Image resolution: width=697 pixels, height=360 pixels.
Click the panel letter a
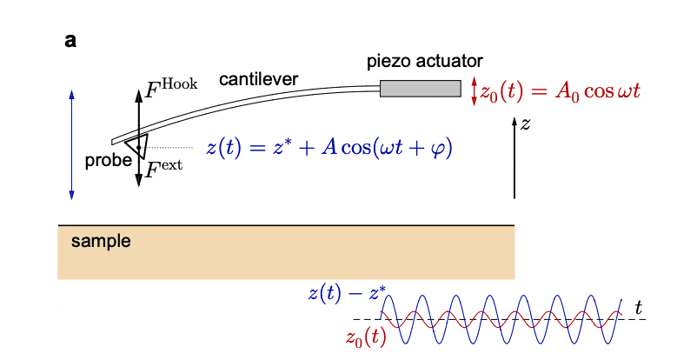tap(70, 40)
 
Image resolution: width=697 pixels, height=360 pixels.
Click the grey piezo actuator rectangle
tap(420, 88)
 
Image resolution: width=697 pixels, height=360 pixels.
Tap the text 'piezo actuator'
tap(424, 61)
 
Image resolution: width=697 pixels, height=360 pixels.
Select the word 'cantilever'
tap(258, 79)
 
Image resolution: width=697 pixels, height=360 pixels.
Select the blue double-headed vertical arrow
tap(71, 144)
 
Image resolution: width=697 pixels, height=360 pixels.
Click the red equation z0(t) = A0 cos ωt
tap(561, 91)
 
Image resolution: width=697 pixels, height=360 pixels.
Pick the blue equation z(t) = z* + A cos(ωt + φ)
tap(330, 147)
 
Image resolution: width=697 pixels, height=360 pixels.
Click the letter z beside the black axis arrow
tap(525, 123)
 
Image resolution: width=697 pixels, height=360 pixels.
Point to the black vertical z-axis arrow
tap(514, 157)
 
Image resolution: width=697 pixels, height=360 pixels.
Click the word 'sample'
tap(101, 241)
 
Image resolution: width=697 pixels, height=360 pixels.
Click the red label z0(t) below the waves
tap(366, 337)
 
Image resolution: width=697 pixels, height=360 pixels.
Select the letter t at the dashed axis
tap(638, 306)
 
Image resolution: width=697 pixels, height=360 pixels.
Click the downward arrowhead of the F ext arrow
tap(138, 183)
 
